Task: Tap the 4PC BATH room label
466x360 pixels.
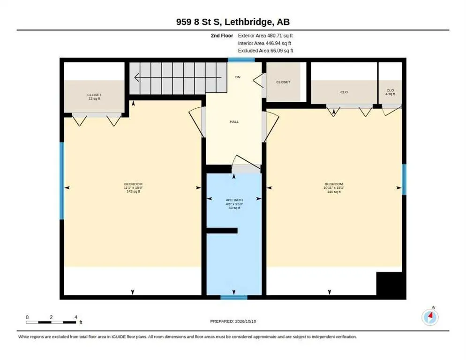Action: click(234, 200)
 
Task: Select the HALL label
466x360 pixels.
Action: click(234, 121)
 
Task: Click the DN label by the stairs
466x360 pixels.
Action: click(238, 77)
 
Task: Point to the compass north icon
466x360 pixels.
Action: click(430, 316)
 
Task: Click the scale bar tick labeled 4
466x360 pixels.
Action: click(76, 317)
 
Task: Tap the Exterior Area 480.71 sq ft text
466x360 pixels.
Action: click(265, 36)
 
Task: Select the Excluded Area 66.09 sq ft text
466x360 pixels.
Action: click(265, 51)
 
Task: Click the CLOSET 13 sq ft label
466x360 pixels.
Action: click(94, 97)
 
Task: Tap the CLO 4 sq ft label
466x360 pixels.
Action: click(390, 92)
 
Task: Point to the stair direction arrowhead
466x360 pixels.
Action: click(137, 78)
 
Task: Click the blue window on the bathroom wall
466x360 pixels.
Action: click(234, 297)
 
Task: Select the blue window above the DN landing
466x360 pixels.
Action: click(241, 60)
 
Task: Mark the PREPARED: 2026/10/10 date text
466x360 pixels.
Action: click(233, 322)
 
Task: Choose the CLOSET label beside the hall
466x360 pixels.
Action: click(283, 82)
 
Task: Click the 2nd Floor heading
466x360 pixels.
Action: click(222, 36)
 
